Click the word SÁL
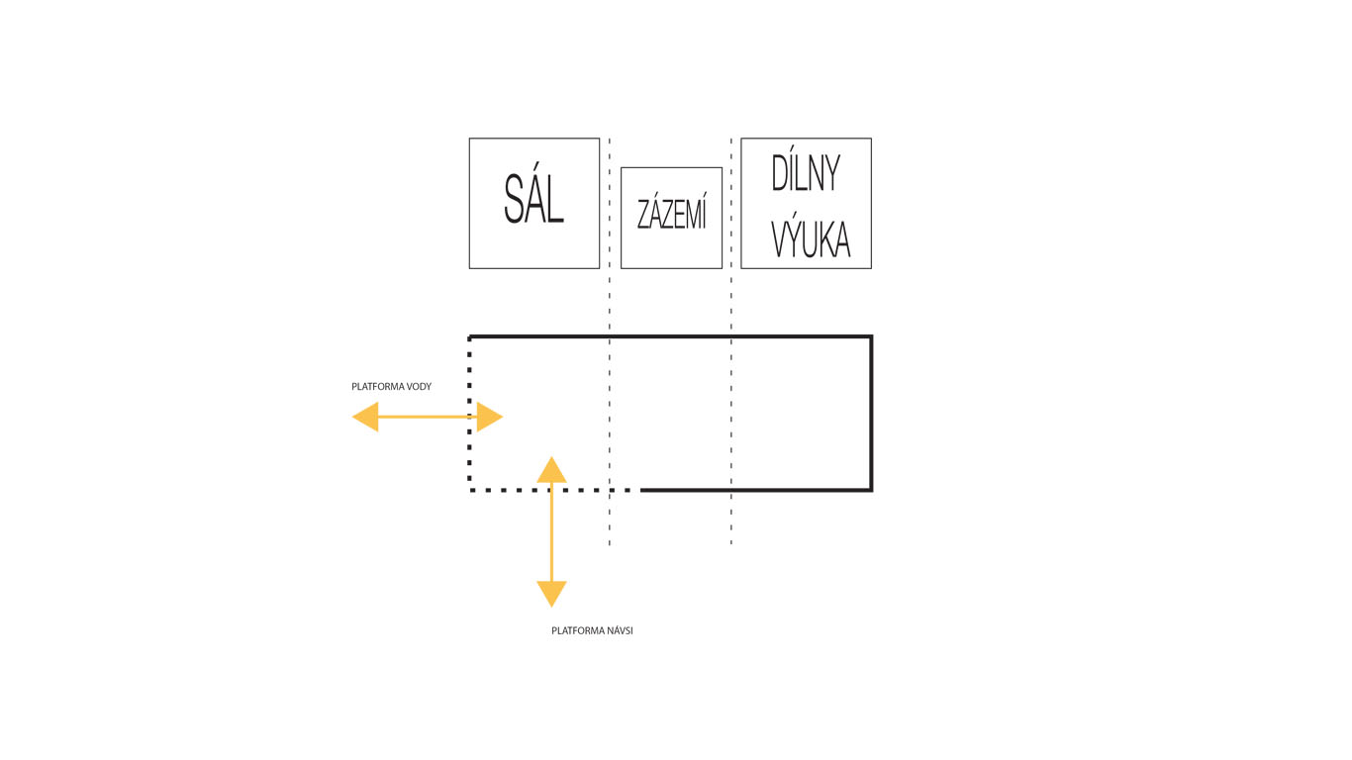click(533, 200)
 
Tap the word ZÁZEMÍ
click(671, 214)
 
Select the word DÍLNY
click(806, 174)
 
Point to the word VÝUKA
click(810, 238)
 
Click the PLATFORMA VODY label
click(391, 387)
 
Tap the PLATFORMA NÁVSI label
click(592, 630)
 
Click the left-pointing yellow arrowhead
click(365, 417)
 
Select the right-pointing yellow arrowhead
click(490, 417)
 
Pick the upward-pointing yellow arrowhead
click(551, 469)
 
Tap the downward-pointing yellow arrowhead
click(551, 594)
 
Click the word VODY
click(419, 387)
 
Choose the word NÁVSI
click(618, 630)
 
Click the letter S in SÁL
click(514, 201)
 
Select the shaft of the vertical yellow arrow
click(551, 534)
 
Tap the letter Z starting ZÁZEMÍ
click(642, 215)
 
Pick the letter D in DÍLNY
click(780, 174)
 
